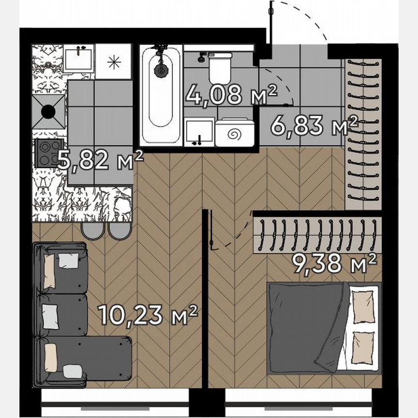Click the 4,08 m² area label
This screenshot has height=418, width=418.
click(x=231, y=95)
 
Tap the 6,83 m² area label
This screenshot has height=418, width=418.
click(x=313, y=126)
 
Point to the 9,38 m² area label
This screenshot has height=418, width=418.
click(x=334, y=264)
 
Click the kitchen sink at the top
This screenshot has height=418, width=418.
click(x=78, y=59)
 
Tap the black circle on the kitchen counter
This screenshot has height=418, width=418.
click(x=48, y=112)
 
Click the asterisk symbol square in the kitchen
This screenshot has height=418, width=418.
click(x=113, y=61)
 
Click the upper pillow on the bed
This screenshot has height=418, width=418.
click(x=362, y=308)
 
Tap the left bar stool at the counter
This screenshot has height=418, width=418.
click(x=91, y=231)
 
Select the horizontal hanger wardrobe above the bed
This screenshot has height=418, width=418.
click(x=317, y=234)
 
